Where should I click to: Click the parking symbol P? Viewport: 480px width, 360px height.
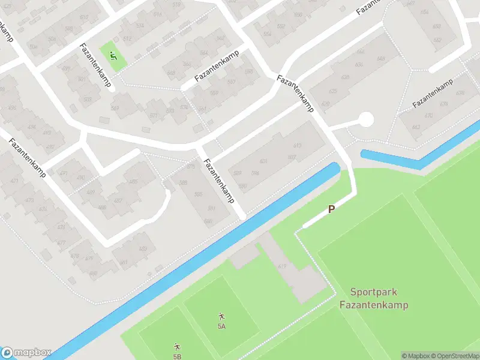(331, 210)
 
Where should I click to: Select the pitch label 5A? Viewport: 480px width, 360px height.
(221, 326)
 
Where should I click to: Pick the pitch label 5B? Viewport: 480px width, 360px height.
(177, 356)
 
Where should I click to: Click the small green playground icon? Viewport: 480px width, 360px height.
(113, 57)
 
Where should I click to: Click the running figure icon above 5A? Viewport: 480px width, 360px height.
(221, 316)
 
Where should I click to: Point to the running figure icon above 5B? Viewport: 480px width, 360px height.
(177, 347)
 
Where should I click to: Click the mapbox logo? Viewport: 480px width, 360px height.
(26, 353)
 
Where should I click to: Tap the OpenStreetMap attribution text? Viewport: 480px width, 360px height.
(454, 356)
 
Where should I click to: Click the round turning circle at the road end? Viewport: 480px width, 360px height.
(365, 120)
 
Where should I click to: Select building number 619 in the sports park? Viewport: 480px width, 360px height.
(282, 266)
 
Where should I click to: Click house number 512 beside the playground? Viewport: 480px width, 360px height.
(127, 39)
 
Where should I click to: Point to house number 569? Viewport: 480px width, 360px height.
(115, 108)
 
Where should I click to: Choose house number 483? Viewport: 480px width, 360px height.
(142, 249)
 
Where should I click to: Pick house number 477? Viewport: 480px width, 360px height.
(61, 243)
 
